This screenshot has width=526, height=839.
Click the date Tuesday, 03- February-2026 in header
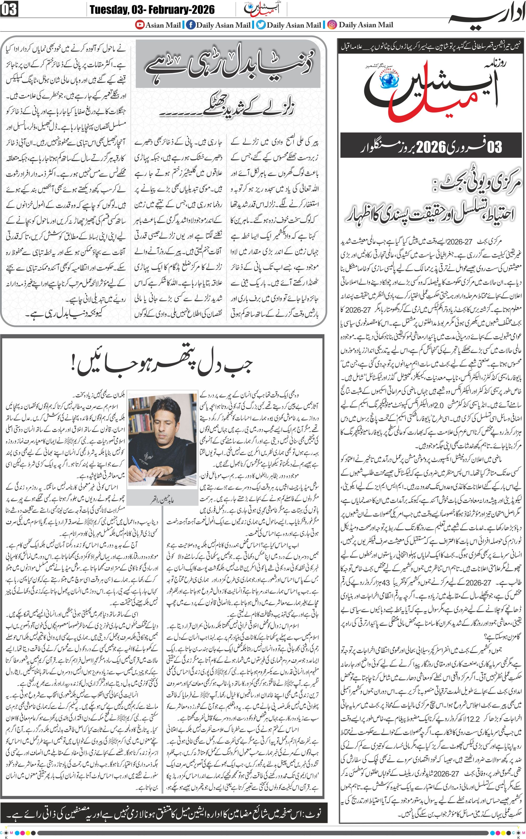pos(152,9)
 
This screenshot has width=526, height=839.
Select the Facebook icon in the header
pos(190,25)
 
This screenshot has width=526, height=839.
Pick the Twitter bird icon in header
pos(261,25)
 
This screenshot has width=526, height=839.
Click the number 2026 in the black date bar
pos(431,147)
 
